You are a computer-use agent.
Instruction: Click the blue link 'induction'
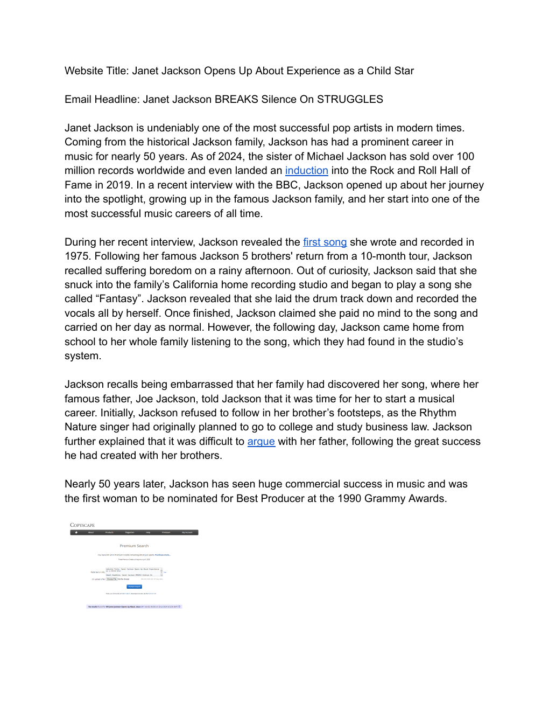(x=306, y=171)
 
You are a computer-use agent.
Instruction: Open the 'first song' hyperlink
(x=325, y=242)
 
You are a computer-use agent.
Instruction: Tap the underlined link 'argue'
(x=261, y=442)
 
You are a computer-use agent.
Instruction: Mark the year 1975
(x=76, y=256)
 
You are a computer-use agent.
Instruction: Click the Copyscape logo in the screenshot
(x=82, y=525)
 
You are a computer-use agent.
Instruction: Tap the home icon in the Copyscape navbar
(x=76, y=533)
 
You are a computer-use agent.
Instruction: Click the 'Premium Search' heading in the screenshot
(x=134, y=546)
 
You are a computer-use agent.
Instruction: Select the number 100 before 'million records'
(x=465, y=157)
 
